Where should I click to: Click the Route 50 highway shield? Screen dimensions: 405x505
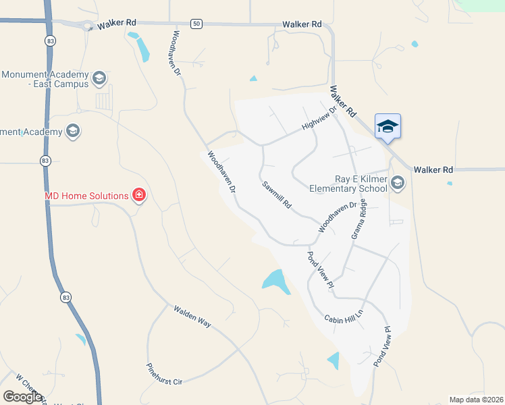(x=196, y=24)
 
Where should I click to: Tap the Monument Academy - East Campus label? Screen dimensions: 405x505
(x=45, y=79)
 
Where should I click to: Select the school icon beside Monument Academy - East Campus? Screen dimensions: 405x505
(x=100, y=78)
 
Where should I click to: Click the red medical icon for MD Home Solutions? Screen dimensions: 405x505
(x=139, y=196)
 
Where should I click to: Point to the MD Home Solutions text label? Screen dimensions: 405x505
(x=86, y=196)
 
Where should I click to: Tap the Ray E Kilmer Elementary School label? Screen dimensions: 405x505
(x=361, y=184)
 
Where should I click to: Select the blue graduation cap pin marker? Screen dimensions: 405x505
(x=388, y=126)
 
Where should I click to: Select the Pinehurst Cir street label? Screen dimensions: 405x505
(x=165, y=373)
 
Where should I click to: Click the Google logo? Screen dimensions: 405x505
(x=23, y=397)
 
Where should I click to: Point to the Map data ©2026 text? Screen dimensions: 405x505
(x=476, y=400)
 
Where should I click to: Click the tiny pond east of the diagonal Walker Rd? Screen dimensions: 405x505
(x=415, y=45)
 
